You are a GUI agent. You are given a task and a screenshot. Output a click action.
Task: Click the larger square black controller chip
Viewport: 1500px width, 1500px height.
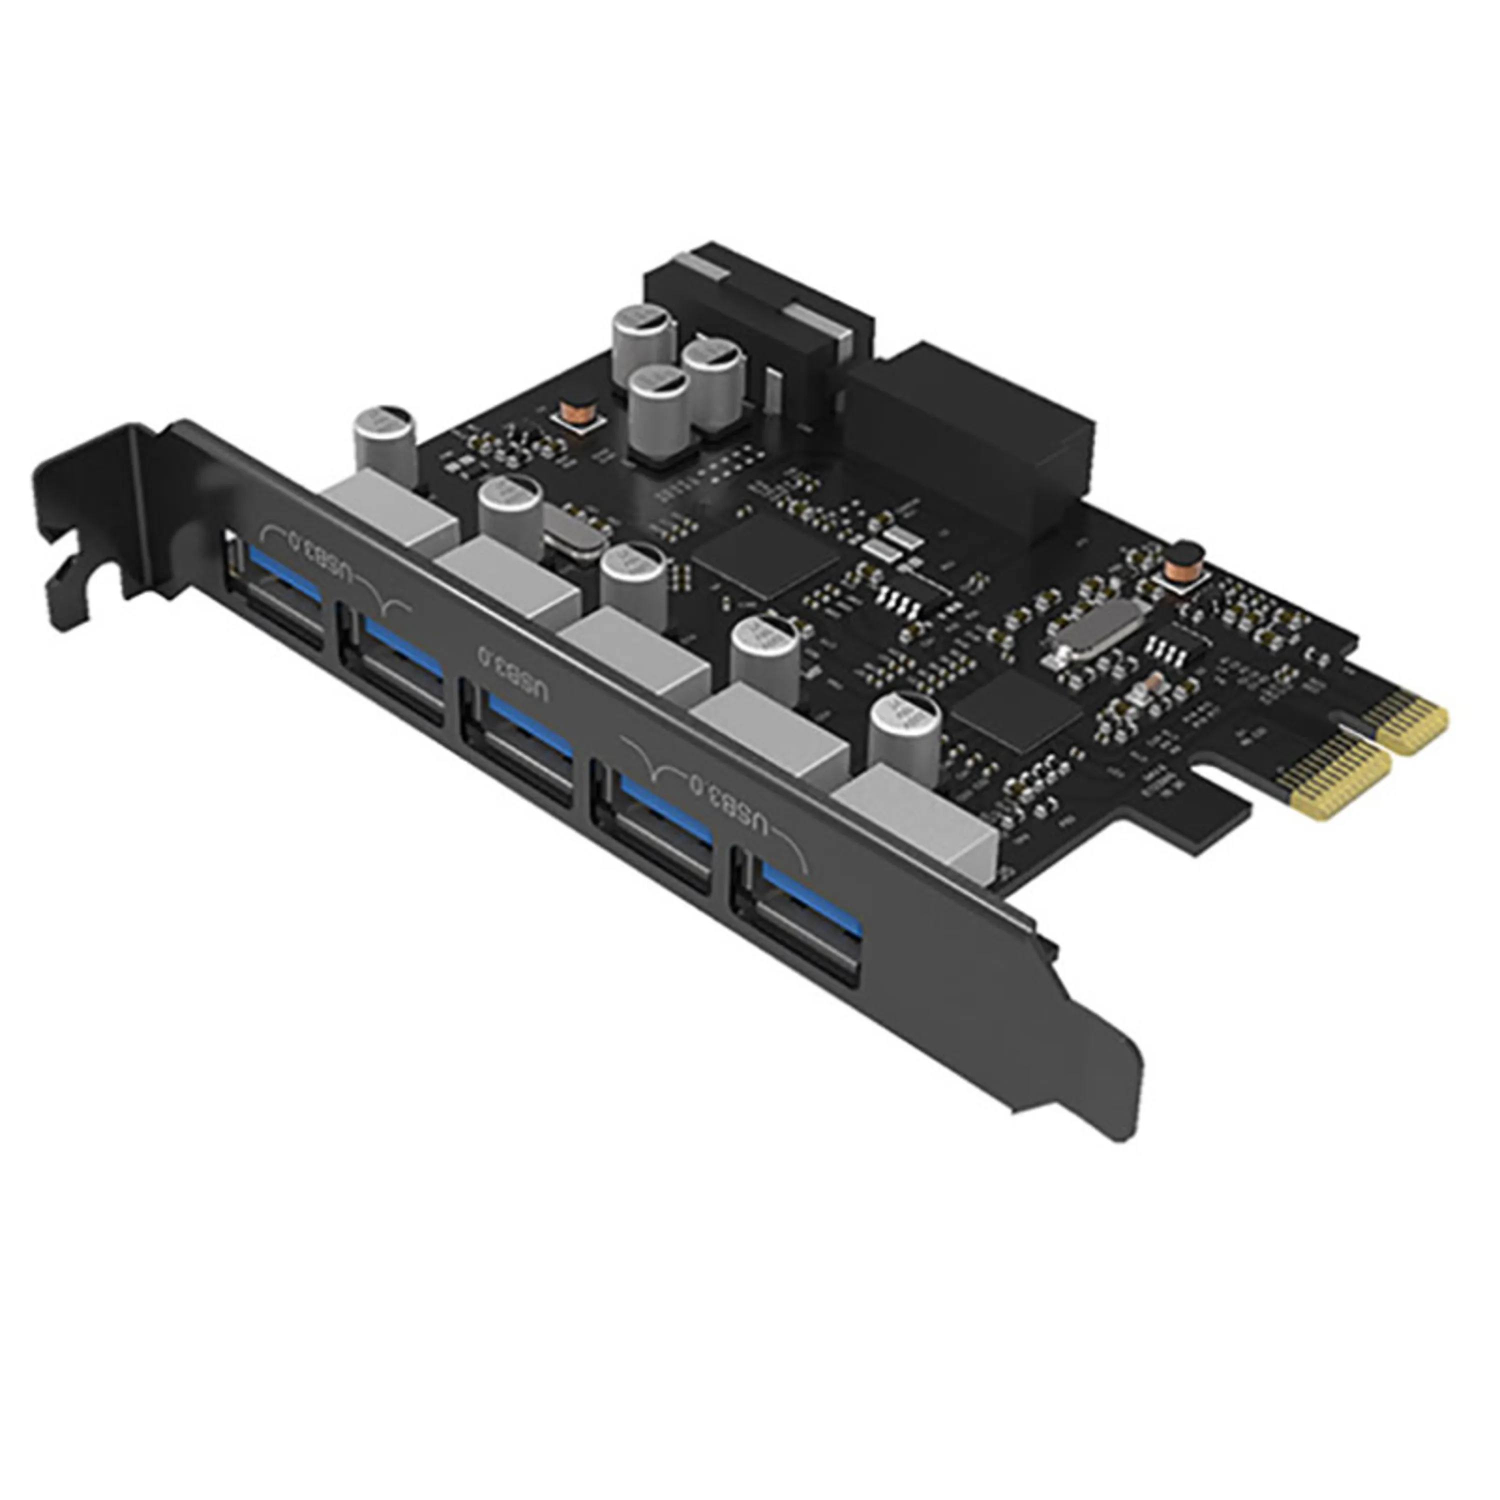(765, 551)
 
